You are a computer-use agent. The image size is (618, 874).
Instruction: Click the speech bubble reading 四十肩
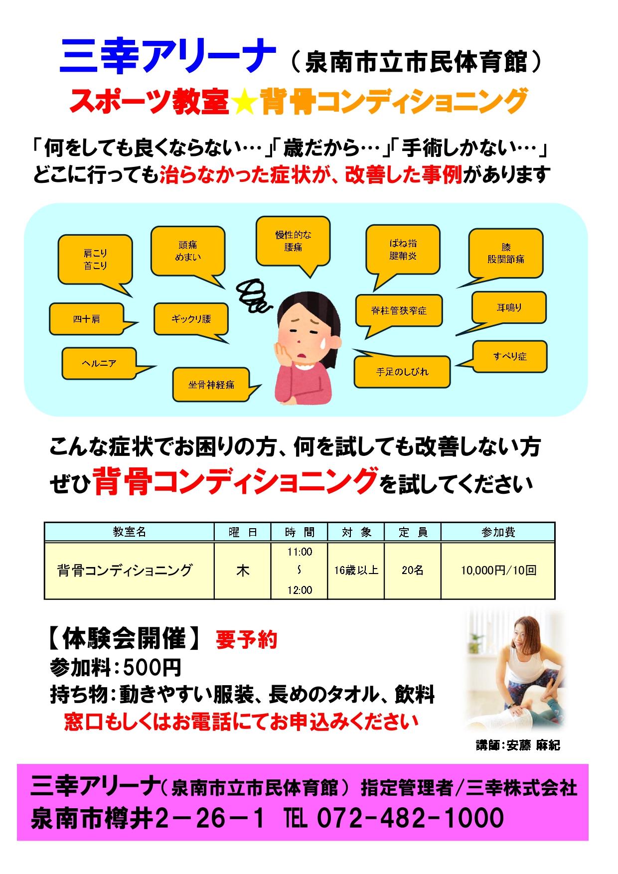pyautogui.click(x=86, y=319)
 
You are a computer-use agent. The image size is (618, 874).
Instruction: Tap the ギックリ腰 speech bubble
pyautogui.click(x=191, y=319)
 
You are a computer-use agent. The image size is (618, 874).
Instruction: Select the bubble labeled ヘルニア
pyautogui.click(x=99, y=363)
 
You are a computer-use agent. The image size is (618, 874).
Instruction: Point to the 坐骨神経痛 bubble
pyautogui.click(x=211, y=385)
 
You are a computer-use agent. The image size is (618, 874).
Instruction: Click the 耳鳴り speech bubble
pyautogui.click(x=509, y=308)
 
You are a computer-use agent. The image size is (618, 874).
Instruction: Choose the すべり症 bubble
pyautogui.click(x=509, y=356)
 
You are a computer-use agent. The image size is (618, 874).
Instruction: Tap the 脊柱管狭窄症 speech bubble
pyautogui.click(x=399, y=310)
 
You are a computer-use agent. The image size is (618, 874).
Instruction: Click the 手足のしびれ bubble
pyautogui.click(x=402, y=372)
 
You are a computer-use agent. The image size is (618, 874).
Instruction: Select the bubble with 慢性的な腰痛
pyautogui.click(x=293, y=241)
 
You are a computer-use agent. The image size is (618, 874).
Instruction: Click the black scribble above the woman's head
pyautogui.click(x=253, y=295)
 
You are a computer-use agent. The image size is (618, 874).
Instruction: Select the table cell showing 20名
pyautogui.click(x=412, y=571)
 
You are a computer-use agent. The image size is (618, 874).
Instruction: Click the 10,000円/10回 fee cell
pyautogui.click(x=498, y=571)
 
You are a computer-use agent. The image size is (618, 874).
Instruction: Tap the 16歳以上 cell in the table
pyautogui.click(x=356, y=571)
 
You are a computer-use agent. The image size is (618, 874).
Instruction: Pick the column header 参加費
pyautogui.click(x=498, y=532)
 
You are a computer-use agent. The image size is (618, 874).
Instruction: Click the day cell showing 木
pyautogui.click(x=243, y=571)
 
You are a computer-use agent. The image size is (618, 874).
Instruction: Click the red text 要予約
pyautogui.click(x=246, y=640)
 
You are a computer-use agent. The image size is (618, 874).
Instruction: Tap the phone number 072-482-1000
pyautogui.click(x=410, y=818)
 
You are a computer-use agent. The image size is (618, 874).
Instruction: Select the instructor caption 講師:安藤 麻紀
pyautogui.click(x=518, y=745)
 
